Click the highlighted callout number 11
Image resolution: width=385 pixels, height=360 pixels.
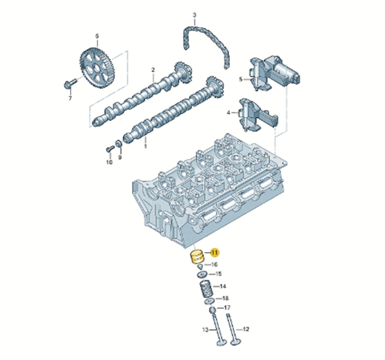[215, 253]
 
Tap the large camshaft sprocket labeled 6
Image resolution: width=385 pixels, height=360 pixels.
[98, 68]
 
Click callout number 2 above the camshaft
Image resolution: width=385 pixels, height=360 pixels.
[153, 70]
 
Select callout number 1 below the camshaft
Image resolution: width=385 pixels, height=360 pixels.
[145, 146]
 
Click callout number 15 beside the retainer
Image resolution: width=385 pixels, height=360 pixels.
[219, 274]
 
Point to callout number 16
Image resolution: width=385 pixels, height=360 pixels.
[214, 264]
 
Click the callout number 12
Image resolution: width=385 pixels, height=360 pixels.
[246, 329]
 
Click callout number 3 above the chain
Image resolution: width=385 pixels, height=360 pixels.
[194, 15]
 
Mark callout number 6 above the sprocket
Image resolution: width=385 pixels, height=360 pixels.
[97, 36]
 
